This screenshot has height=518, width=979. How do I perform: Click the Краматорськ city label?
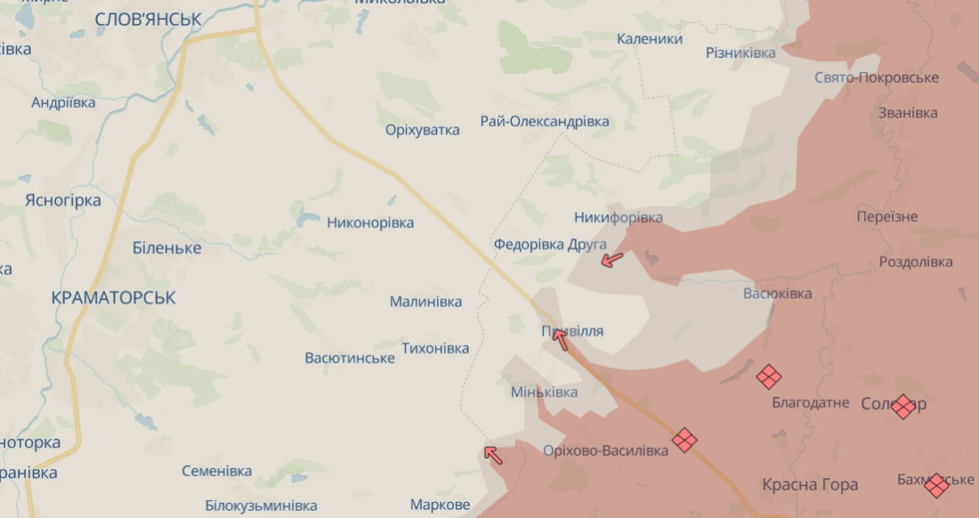(x=113, y=297)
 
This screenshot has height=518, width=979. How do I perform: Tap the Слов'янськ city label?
(x=148, y=19)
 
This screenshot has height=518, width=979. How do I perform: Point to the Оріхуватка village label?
(x=423, y=130)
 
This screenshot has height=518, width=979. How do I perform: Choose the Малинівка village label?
(x=425, y=302)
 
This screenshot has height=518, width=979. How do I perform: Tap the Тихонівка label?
(x=435, y=348)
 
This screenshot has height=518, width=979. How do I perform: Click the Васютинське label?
(x=350, y=358)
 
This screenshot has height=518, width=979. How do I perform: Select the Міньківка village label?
(x=544, y=392)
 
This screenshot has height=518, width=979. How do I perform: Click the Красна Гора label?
(x=810, y=484)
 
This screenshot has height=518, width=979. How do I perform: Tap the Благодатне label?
(x=810, y=402)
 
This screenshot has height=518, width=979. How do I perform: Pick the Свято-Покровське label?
(x=877, y=77)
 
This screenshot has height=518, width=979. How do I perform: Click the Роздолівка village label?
(x=915, y=262)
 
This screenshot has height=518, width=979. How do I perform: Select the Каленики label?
(x=650, y=39)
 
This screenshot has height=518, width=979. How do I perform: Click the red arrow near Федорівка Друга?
(x=611, y=259)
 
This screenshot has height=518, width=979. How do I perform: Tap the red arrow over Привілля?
(x=560, y=338)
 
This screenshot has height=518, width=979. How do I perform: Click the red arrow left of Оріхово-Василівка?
(x=493, y=455)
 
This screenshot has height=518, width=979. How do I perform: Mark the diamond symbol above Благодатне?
(x=769, y=376)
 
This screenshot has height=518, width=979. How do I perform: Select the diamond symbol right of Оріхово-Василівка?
(x=684, y=440)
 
